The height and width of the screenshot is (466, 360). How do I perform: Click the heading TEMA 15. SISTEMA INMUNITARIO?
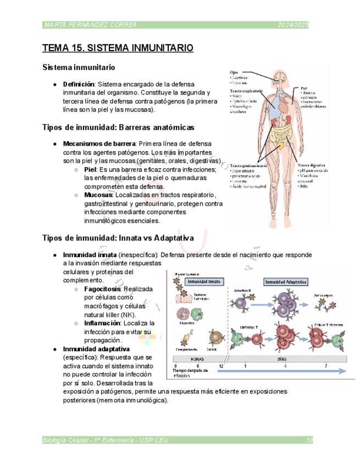pyautogui.click(x=118, y=48)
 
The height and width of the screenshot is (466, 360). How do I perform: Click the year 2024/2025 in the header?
pyautogui.click(x=293, y=25)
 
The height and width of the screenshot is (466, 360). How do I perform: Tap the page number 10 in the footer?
pyautogui.click(x=309, y=440)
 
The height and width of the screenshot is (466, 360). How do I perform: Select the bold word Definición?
pyautogui.click(x=79, y=84)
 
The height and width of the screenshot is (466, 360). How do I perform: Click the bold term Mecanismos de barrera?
pyautogui.click(x=99, y=144)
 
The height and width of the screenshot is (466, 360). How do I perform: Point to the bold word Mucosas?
pyautogui.click(x=98, y=195)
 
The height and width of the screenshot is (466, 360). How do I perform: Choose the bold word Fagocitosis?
pyautogui.click(x=102, y=289)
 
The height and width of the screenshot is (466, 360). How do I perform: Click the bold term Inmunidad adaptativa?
pyautogui.click(x=96, y=349)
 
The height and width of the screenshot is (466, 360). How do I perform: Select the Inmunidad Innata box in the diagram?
pyautogui.click(x=204, y=281)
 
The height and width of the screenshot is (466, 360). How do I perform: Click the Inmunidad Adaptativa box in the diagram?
pyautogui.click(x=286, y=281)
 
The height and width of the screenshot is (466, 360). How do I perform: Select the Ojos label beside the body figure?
pyautogui.click(x=234, y=71)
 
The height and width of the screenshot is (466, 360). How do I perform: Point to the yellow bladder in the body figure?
pyautogui.click(x=280, y=145)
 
